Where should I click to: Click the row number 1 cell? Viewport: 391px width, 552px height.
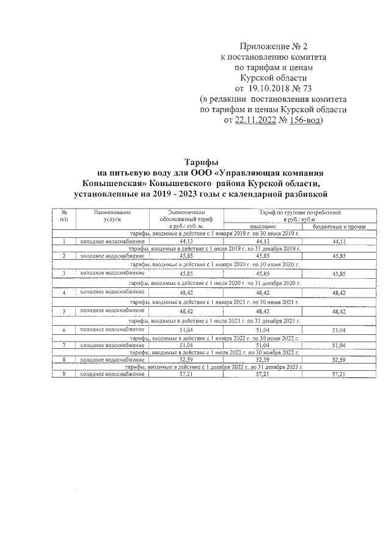tap(64, 242)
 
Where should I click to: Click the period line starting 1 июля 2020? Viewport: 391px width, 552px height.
tap(215, 284)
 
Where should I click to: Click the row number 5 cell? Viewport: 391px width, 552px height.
tap(64, 311)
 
